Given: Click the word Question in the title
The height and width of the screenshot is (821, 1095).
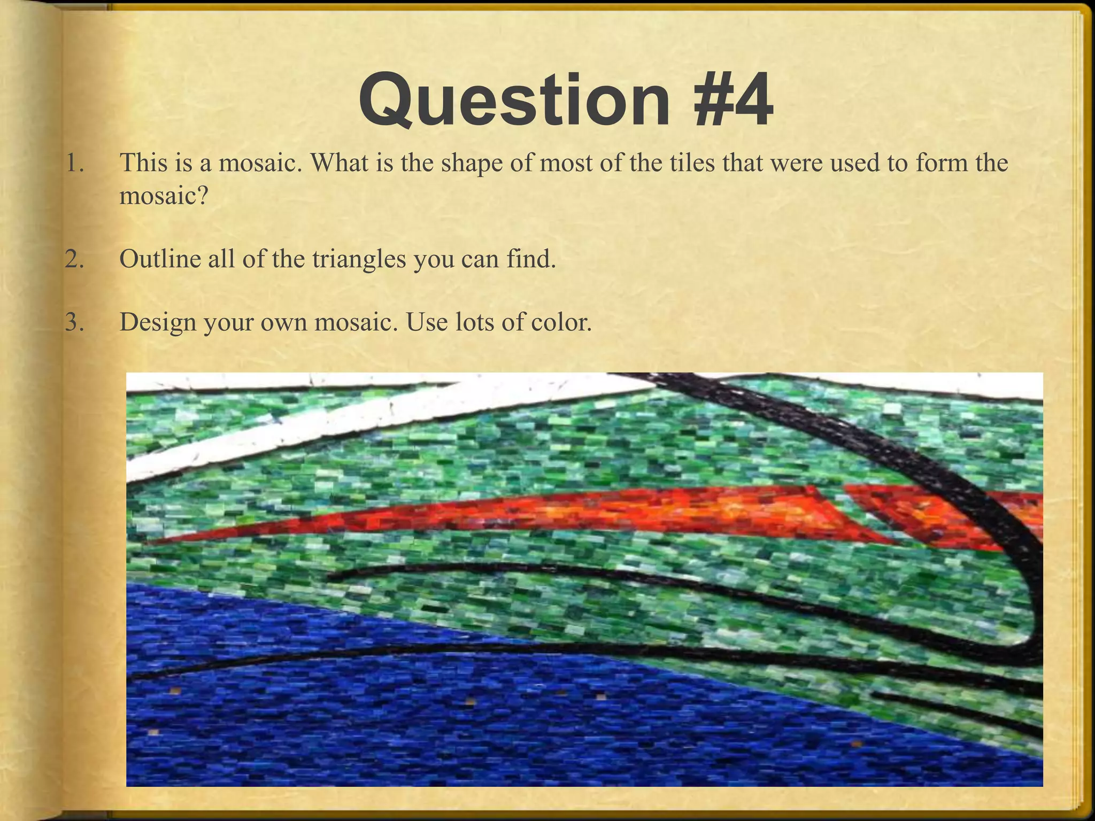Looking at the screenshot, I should click(514, 100).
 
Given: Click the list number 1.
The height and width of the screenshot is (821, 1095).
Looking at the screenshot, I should click(74, 162).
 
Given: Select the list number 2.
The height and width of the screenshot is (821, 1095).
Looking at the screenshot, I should click(74, 259).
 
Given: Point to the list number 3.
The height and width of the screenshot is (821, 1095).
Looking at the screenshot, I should click(74, 322).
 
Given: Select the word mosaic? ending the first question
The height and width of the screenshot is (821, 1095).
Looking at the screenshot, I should click(163, 196).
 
